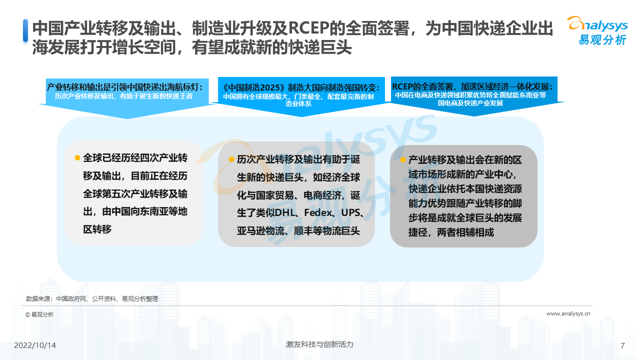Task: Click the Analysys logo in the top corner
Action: [x=597, y=31]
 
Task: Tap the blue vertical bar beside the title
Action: [x=25, y=30]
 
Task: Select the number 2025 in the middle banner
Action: [x=270, y=87]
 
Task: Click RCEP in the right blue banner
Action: [x=402, y=86]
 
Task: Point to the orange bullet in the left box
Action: [x=77, y=157]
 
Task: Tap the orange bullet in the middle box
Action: [x=231, y=159]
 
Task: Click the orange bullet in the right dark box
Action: [x=403, y=159]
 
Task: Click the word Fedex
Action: [x=318, y=213]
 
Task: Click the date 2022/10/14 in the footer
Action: [x=35, y=345]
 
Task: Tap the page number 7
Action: [x=622, y=345]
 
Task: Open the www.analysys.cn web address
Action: [x=568, y=313]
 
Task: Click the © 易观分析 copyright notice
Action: [x=39, y=314]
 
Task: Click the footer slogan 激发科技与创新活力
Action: [x=319, y=344]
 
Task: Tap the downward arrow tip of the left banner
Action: [x=127, y=118]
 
